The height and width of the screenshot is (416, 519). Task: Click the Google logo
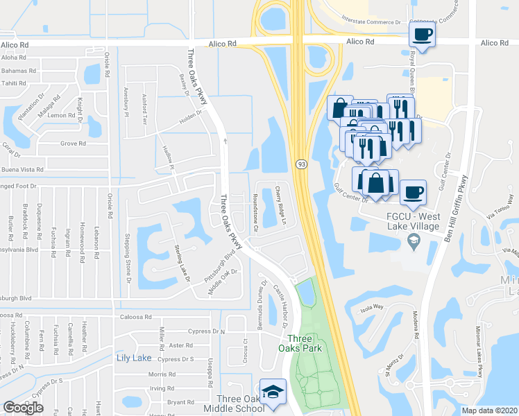tap(23, 408)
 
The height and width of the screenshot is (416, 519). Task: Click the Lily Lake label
tap(133, 358)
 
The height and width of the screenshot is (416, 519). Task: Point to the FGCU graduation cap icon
tap(414, 241)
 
